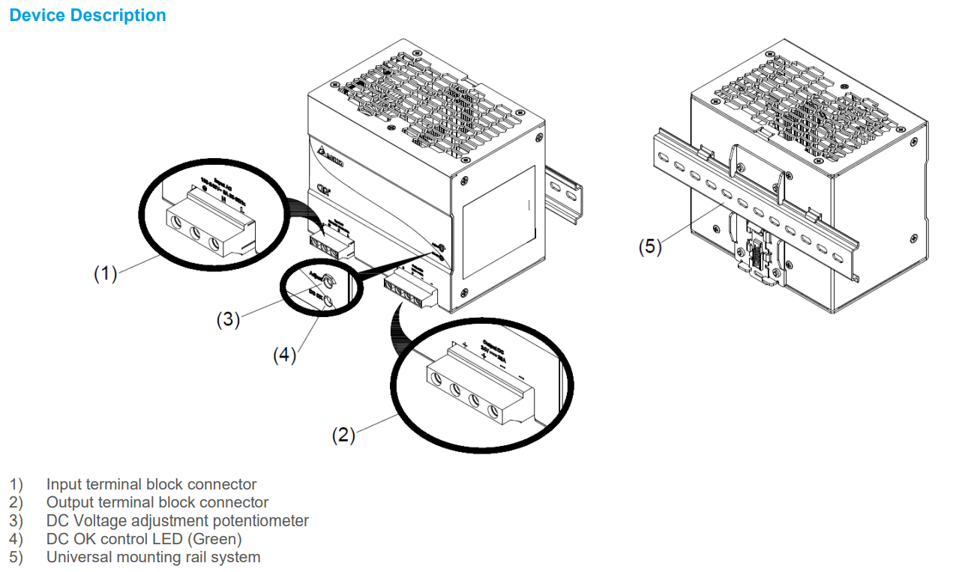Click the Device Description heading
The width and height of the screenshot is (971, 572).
(x=88, y=15)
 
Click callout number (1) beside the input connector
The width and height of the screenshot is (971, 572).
(x=105, y=274)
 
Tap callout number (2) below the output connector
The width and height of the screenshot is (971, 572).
(x=343, y=435)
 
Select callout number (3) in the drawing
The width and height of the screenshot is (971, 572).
(x=228, y=319)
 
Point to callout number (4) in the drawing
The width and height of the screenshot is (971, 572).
(x=284, y=355)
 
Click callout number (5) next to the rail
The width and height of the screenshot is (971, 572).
(x=650, y=247)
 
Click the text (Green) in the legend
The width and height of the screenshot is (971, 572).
(x=216, y=539)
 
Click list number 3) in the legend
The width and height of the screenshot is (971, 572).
(x=16, y=520)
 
